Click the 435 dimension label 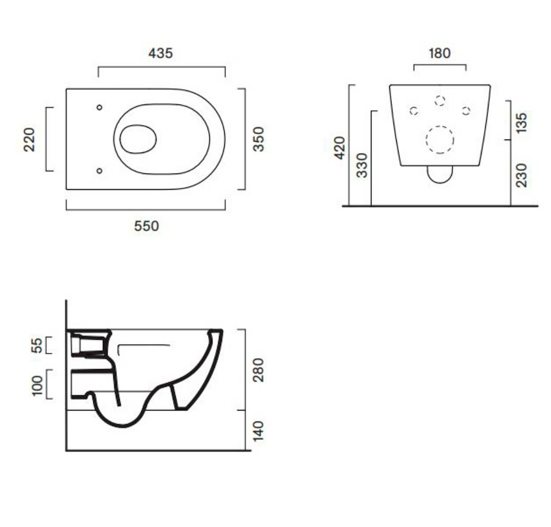click(161, 53)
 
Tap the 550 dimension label click(147, 226)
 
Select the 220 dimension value click(30, 140)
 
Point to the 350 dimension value click(258, 139)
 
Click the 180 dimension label click(439, 53)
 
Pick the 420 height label click(340, 148)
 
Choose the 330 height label click(362, 165)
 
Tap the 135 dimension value click(522, 123)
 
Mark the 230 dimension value click(522, 175)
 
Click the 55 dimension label click(37, 345)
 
